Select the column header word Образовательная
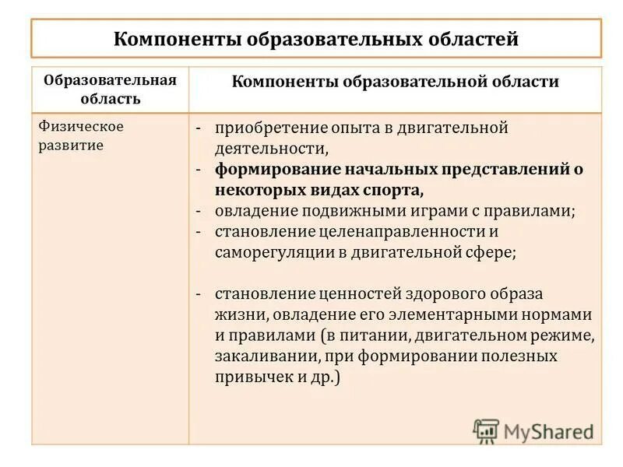(x=110, y=80)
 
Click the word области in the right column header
(x=523, y=82)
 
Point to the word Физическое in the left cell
(x=82, y=127)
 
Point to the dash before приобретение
(x=199, y=128)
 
